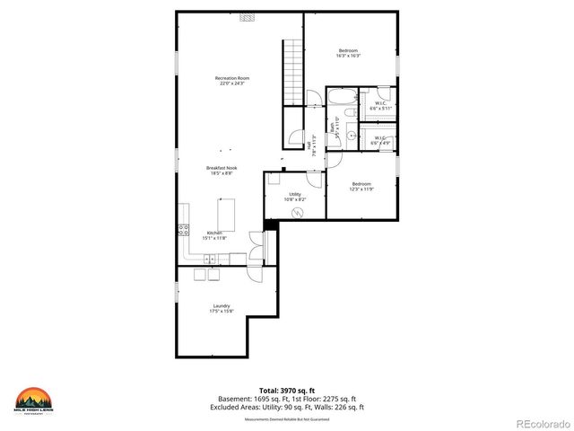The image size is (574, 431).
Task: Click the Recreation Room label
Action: tap(232, 81)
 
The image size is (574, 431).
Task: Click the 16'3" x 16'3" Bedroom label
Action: tap(349, 52)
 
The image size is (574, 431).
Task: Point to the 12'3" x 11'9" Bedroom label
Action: tap(361, 187)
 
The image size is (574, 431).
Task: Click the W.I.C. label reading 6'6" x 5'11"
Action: tap(380, 105)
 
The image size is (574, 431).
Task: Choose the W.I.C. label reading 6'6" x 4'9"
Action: tap(380, 139)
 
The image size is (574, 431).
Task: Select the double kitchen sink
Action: tap(212, 259)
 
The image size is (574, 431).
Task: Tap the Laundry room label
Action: tap(222, 308)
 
